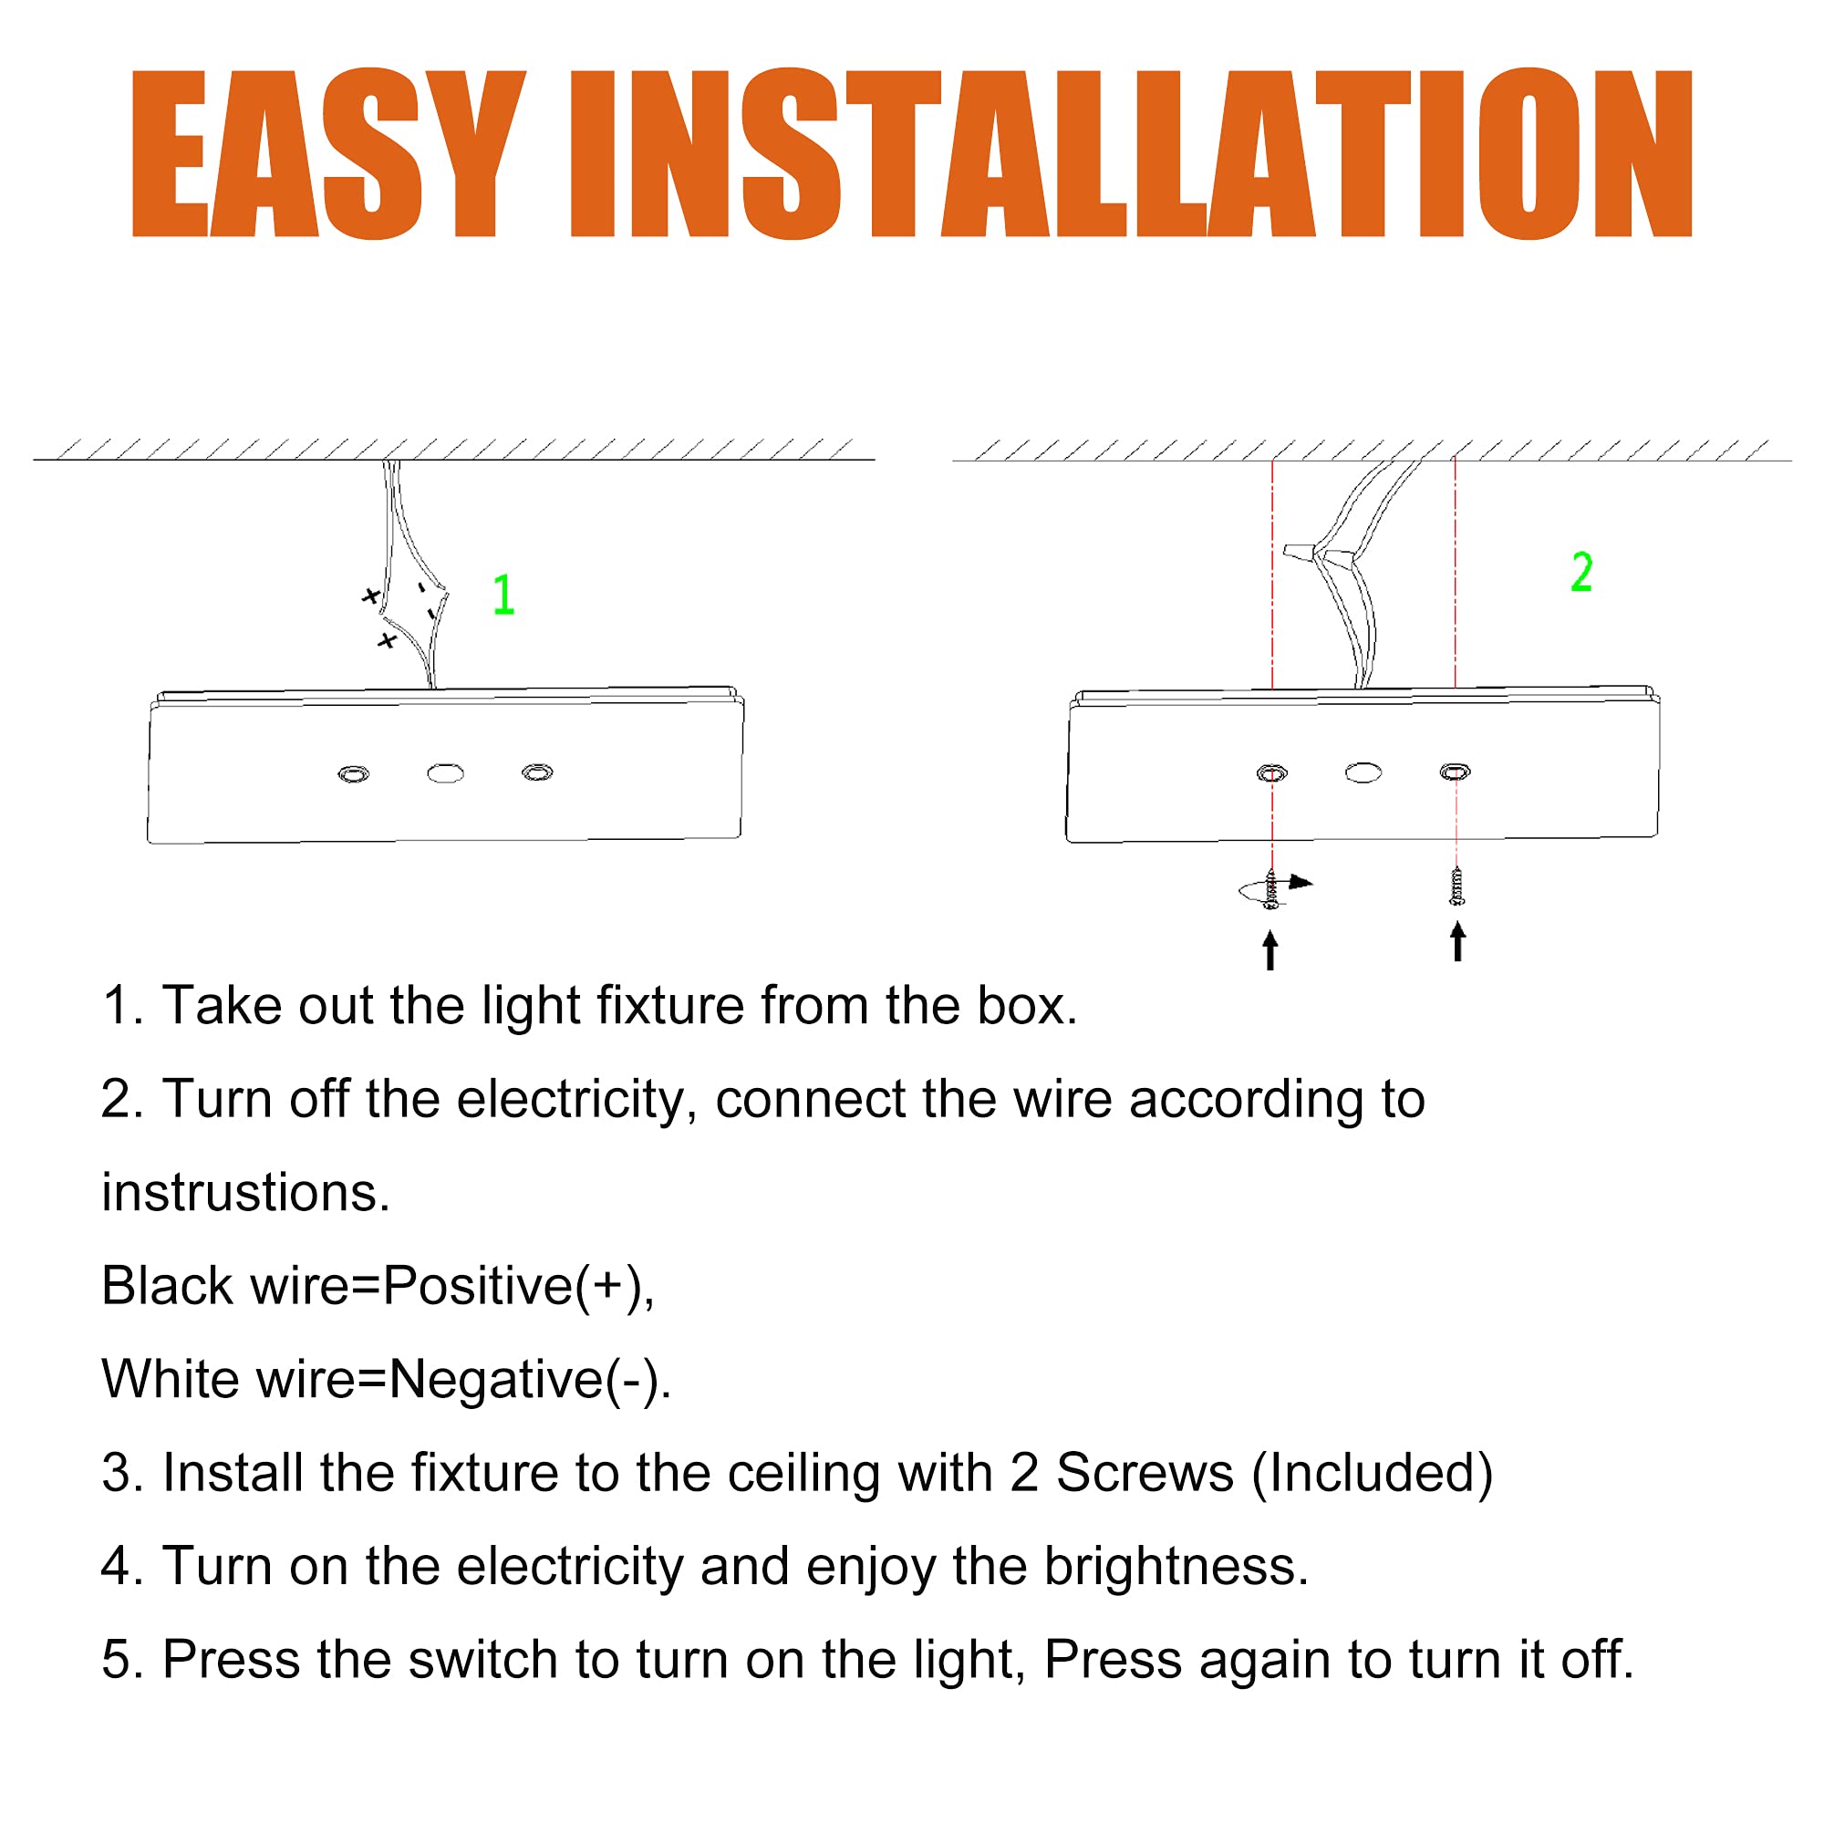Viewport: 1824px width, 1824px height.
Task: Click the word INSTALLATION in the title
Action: tap(1132, 153)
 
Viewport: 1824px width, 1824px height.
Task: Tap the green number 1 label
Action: tap(504, 595)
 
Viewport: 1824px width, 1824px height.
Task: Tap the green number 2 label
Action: tap(1581, 572)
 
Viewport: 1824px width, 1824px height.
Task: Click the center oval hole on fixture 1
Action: tap(446, 774)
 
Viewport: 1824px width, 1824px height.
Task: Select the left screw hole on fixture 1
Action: tap(354, 775)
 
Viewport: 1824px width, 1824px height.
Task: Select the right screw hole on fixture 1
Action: tap(538, 773)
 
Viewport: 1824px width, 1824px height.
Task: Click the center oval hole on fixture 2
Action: tap(1363, 773)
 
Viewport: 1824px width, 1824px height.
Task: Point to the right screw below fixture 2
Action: tap(1456, 886)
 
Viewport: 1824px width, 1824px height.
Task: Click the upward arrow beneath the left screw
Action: tap(1270, 949)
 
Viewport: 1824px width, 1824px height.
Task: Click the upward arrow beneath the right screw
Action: tap(1457, 942)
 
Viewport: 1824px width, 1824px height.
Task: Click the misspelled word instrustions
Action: tap(245, 1192)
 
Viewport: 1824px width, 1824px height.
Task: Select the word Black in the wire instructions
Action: tap(167, 1286)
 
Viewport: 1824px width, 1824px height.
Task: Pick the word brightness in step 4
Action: tap(1176, 1567)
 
